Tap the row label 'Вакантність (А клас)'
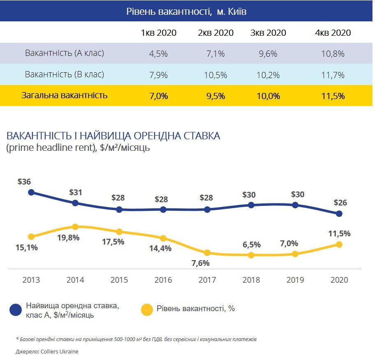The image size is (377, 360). point(65,53)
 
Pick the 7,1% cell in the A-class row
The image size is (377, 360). point(213,54)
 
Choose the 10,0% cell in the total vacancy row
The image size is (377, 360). point(268,96)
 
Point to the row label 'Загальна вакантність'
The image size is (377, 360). point(65,96)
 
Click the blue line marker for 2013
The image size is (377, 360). point(31,192)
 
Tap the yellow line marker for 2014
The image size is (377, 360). point(75,226)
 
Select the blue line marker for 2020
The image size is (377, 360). point(339,213)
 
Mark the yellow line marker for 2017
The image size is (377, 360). point(207,253)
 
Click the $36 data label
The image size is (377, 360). point(24,182)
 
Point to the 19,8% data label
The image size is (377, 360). point(69,237)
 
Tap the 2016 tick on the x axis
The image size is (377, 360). point(163,280)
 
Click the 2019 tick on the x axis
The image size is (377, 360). point(295,280)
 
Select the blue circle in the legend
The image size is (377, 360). point(16,310)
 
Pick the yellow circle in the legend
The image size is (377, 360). point(147,310)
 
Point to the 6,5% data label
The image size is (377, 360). point(252,245)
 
